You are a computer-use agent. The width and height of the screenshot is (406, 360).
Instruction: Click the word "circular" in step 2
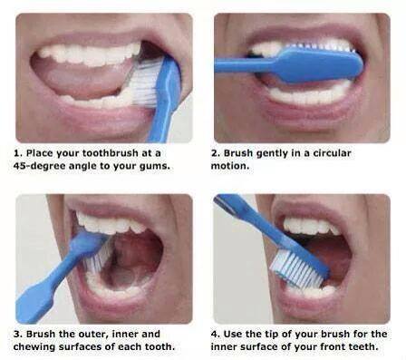coord(332,153)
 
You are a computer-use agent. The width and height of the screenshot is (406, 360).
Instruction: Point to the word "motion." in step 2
coord(230,166)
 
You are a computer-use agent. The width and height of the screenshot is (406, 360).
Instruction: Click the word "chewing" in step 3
coord(34,346)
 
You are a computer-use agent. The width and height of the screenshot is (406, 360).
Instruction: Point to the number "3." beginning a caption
coord(18,334)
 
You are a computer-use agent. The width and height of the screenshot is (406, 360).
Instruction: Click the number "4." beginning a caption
coord(216,334)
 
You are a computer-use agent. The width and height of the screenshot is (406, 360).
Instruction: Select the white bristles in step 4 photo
coord(295,269)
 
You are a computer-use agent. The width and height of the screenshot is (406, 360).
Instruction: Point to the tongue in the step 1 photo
coord(79,75)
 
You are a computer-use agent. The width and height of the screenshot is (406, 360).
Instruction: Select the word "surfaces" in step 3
coord(80,346)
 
